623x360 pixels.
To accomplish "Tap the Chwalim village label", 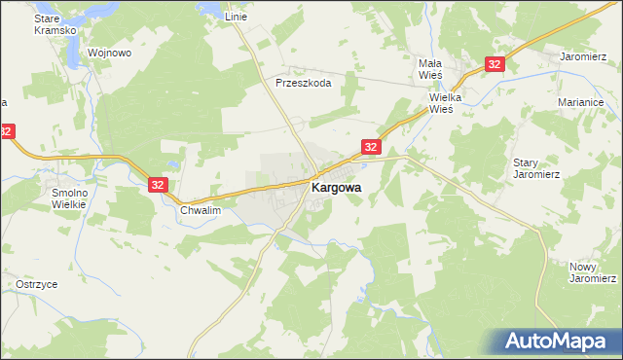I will click(x=202, y=210).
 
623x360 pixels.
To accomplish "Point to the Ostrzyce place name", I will click(x=36, y=283).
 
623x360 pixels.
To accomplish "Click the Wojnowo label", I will click(x=109, y=53).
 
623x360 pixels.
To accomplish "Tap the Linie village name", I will click(x=236, y=18).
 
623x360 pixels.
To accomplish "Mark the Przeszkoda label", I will click(x=304, y=83).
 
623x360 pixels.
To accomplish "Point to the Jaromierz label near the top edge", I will click(x=583, y=56).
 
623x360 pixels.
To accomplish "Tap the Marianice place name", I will click(x=583, y=101).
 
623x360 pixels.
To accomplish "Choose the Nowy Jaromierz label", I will click(x=593, y=271).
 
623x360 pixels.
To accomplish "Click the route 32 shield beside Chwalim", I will click(x=160, y=184).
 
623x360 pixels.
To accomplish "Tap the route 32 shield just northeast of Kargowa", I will click(x=370, y=146).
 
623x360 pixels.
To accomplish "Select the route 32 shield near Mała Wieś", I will click(x=495, y=64).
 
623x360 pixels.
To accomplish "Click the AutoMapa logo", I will click(x=559, y=342).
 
